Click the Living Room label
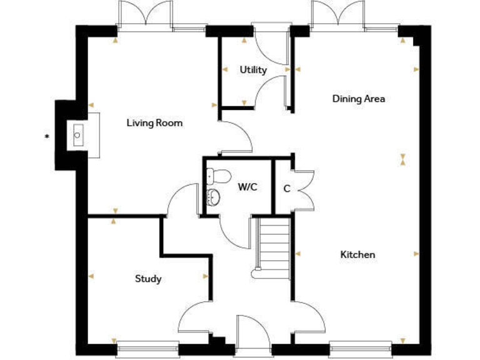pos(154,123)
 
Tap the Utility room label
pos(253,70)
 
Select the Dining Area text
pos(358,99)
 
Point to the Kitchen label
pos(357,254)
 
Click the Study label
pos(148,279)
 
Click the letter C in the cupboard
pos(287,188)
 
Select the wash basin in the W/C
pos(214,197)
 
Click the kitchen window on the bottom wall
pos(361,345)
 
